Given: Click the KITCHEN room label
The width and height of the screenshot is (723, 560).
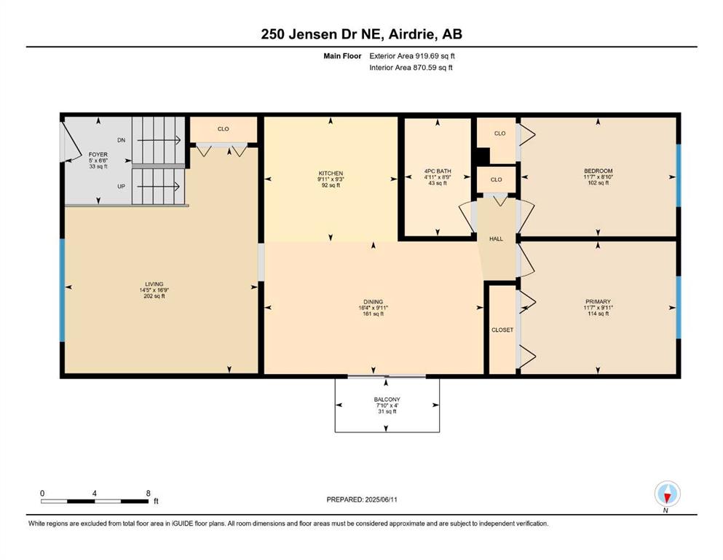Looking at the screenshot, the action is pyautogui.click(x=331, y=173).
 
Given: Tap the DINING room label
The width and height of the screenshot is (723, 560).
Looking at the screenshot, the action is pyautogui.click(x=373, y=302).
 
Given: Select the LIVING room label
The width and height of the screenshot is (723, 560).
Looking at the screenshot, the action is pyautogui.click(x=154, y=284).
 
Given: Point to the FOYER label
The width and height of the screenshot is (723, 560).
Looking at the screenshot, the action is pyautogui.click(x=98, y=155).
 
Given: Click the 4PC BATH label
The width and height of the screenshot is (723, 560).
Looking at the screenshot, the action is pyautogui.click(x=438, y=171).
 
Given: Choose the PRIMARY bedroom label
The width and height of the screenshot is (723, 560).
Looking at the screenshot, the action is pyautogui.click(x=598, y=301).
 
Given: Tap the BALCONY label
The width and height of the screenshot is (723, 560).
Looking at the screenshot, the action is pyautogui.click(x=387, y=400).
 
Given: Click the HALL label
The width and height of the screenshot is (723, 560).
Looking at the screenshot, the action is pyautogui.click(x=496, y=238).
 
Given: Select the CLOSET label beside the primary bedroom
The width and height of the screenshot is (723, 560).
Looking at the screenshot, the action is pyautogui.click(x=502, y=330).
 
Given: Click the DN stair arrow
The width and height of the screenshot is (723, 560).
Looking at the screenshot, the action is pyautogui.click(x=159, y=140).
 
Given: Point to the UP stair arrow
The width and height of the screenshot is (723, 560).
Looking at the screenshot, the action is pyautogui.click(x=159, y=187).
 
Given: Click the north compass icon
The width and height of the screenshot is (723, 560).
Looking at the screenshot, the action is pyautogui.click(x=667, y=494).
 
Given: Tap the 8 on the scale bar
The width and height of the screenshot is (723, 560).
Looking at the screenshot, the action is pyautogui.click(x=148, y=493).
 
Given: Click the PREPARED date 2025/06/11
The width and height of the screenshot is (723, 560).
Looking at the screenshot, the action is pyautogui.click(x=381, y=499).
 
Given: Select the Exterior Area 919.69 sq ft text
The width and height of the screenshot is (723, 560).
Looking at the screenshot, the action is pyautogui.click(x=412, y=56).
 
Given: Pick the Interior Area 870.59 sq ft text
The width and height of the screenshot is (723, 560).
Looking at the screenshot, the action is pyautogui.click(x=411, y=67).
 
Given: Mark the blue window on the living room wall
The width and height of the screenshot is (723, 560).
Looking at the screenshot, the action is pyautogui.click(x=62, y=290).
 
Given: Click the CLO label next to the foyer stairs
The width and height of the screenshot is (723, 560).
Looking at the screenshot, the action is pyautogui.click(x=224, y=129).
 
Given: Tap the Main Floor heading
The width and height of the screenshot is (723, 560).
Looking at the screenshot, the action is pyautogui.click(x=342, y=56).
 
